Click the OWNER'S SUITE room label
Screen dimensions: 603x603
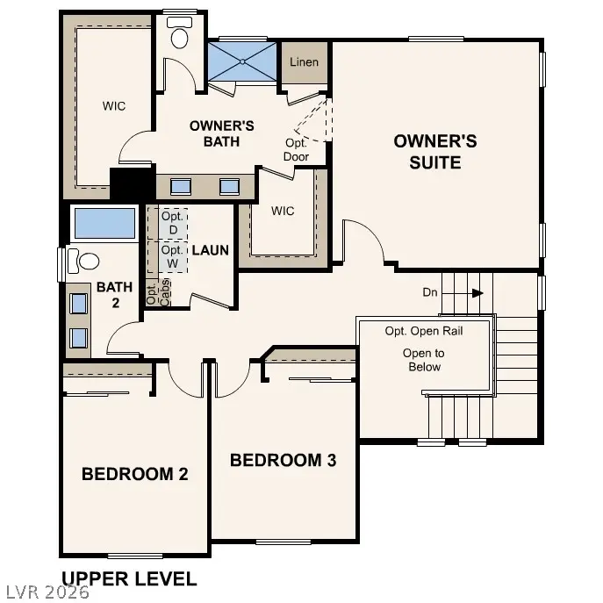(x=434, y=151)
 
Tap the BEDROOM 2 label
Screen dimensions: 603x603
(x=135, y=474)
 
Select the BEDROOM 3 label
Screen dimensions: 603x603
(x=283, y=459)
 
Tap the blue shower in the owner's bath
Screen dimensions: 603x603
(x=241, y=60)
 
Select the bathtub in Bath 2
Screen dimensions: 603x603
(x=104, y=224)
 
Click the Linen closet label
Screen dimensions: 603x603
(x=304, y=62)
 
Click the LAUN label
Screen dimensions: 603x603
(x=211, y=250)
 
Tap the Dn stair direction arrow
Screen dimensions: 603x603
(x=477, y=292)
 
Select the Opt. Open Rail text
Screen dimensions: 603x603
(x=424, y=331)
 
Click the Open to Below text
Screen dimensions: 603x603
(x=424, y=360)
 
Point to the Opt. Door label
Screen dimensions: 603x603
(x=297, y=150)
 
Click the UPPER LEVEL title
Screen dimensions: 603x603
(x=129, y=578)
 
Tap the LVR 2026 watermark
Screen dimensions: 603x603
(x=46, y=593)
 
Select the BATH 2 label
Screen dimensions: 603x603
(x=114, y=294)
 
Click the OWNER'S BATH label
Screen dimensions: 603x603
(x=222, y=133)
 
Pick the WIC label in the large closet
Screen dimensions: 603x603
(x=114, y=106)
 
